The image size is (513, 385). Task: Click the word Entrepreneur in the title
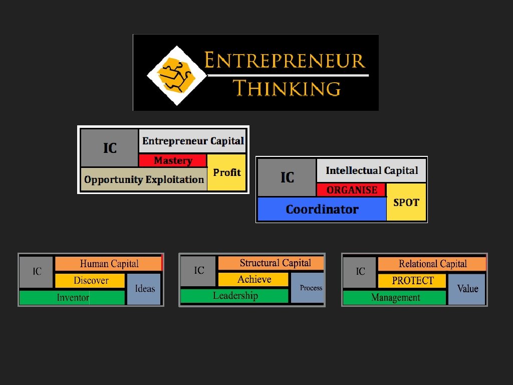(x=285, y=61)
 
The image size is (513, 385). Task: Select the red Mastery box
(x=173, y=161)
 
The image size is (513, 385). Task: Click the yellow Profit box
(x=226, y=173)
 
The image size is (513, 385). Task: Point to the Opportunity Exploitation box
(x=143, y=179)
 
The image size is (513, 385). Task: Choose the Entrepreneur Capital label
(x=193, y=141)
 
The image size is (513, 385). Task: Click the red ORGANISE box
(x=352, y=190)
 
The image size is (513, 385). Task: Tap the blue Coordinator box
(x=322, y=210)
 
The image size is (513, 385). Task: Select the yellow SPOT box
(x=406, y=203)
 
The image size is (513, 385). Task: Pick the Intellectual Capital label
(x=371, y=170)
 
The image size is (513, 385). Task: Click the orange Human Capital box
(x=109, y=264)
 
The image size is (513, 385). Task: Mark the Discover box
(x=90, y=281)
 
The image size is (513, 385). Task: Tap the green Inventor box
(x=72, y=298)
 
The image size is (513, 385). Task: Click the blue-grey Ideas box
(x=144, y=289)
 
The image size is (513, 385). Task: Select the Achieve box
(x=253, y=279)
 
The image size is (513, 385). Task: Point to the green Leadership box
(x=234, y=296)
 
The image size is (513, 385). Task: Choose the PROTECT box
(x=412, y=281)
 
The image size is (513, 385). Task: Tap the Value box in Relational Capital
(x=467, y=289)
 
